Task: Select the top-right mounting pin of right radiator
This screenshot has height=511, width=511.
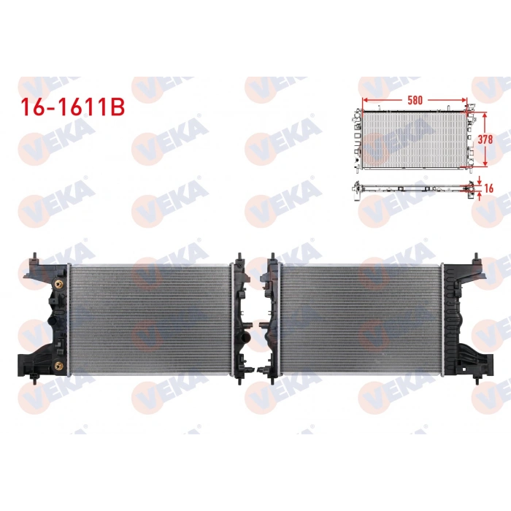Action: pos(477,258)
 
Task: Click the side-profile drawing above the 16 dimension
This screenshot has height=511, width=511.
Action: pos(412,188)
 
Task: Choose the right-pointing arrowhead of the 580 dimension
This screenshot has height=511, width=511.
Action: pos(466,99)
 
